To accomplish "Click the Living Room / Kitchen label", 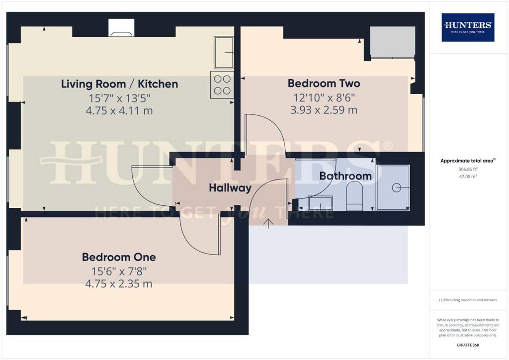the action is click(119, 84).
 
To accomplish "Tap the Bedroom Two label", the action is click(324, 84).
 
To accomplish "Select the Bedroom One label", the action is click(119, 257).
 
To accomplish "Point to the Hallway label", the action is click(230, 187).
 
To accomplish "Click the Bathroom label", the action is click(345, 176).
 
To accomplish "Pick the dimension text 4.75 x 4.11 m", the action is click(119, 111).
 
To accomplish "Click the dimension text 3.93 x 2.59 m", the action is click(324, 110).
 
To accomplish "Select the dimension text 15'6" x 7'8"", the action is click(119, 271).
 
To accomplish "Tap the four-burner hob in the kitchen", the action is click(222, 85).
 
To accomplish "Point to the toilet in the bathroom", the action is click(354, 196).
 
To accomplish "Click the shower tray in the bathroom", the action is click(393, 187).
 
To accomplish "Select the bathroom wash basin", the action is click(320, 203).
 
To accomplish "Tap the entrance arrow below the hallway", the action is click(268, 224).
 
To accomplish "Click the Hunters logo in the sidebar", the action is click(468, 27).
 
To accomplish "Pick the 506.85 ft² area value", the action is click(468, 169).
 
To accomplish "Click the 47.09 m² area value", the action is click(468, 177).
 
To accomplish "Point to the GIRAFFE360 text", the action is click(468, 345).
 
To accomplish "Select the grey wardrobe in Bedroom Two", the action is click(393, 42).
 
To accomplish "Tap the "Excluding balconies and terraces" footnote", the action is click(468, 300).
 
